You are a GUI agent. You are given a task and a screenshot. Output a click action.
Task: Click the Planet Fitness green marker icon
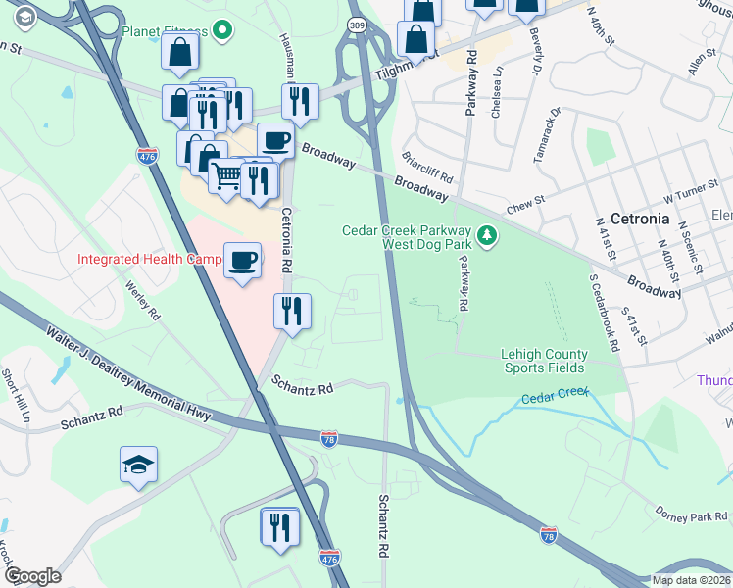223,31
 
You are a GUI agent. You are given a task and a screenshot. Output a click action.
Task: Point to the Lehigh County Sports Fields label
544,361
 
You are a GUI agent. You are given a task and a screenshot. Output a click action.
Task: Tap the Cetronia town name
638,218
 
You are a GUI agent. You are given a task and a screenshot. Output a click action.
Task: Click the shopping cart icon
227,176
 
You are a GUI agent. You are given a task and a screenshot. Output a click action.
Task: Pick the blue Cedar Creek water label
554,396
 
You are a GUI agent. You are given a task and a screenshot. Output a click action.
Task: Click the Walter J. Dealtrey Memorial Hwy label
127,376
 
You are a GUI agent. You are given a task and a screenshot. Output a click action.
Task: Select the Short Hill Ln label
17,394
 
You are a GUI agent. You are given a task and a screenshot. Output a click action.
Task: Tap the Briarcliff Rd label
427,169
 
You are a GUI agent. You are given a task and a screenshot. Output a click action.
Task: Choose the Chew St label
524,207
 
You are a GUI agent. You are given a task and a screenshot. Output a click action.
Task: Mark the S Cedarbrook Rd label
606,313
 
